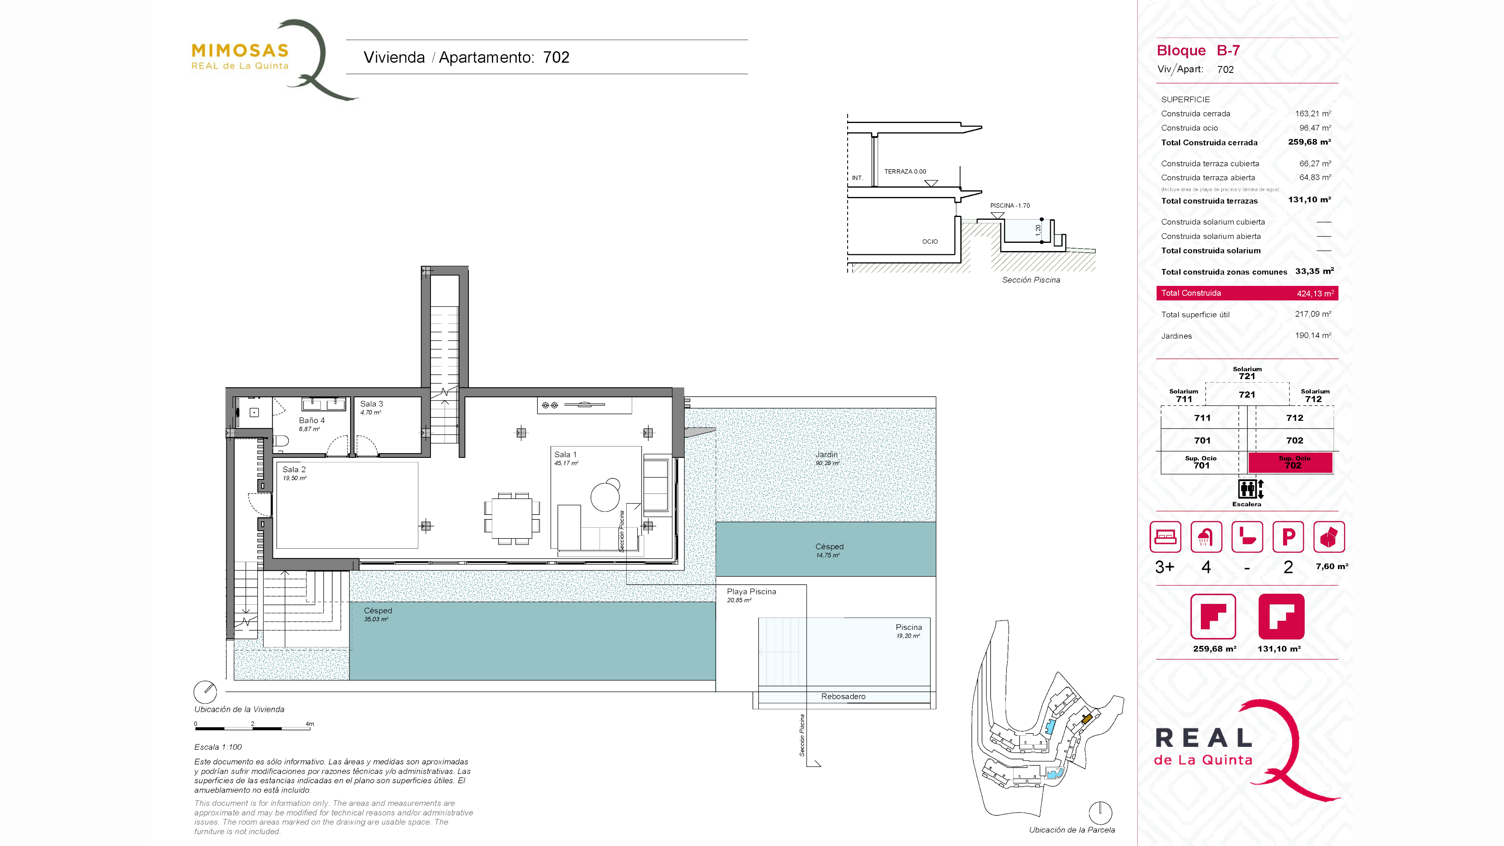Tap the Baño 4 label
point(312,420)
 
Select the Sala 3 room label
point(371,403)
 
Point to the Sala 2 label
point(294,470)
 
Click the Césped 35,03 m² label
point(378,614)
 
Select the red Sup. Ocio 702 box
point(1290,463)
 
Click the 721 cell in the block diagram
point(1247,395)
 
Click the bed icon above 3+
point(1165,537)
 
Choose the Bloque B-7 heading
point(1198,51)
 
